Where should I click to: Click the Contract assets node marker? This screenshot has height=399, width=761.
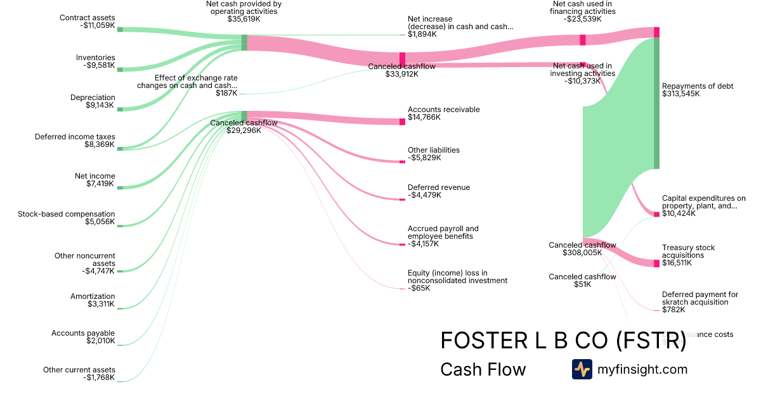point(120,29)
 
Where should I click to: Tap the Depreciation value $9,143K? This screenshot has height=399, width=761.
point(100,105)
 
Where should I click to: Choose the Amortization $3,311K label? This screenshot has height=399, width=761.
point(93,300)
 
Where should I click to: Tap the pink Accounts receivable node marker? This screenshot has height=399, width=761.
point(402,121)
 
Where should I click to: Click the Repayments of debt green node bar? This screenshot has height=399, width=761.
point(656,103)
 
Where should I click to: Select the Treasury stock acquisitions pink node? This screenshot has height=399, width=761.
point(656,263)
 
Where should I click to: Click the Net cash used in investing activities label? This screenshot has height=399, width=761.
point(582,73)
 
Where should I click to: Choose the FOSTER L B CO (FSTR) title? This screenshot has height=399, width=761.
point(563,341)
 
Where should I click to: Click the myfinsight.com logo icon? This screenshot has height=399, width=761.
point(582,369)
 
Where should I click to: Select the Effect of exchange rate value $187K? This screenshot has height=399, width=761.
point(226,93)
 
